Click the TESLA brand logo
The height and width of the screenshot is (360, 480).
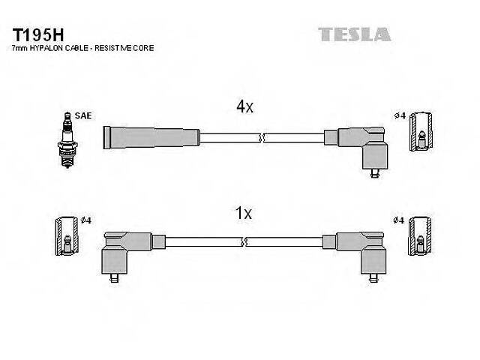[x=354, y=34]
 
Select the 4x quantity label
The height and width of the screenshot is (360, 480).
[x=244, y=107]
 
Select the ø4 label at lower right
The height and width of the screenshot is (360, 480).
[x=399, y=220]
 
